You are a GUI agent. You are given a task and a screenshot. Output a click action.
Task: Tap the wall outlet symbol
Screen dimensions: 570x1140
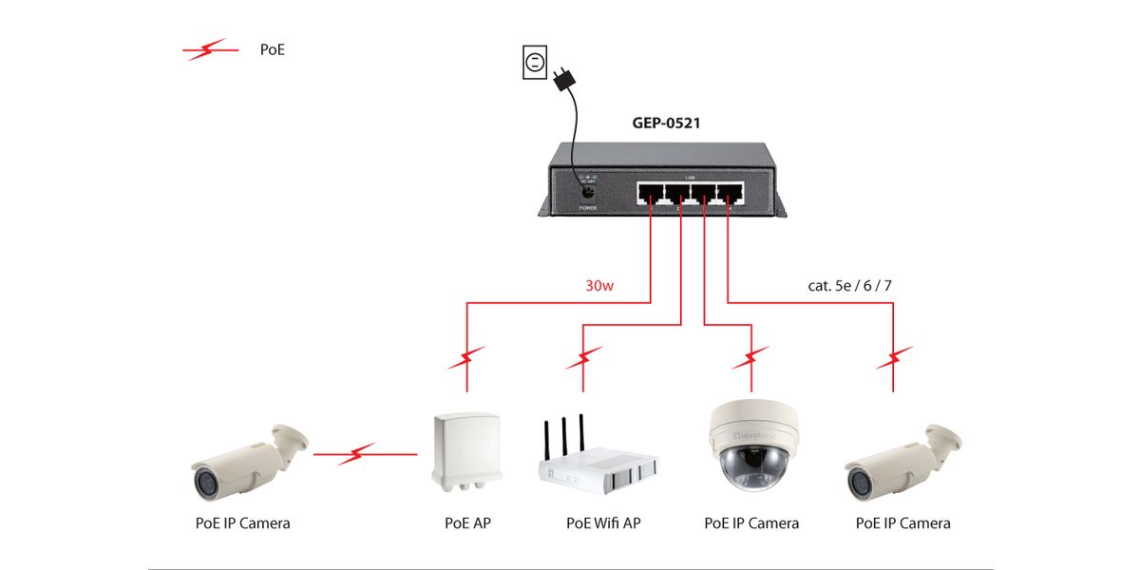coord(534,64)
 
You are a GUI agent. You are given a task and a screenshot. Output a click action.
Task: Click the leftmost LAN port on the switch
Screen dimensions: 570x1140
coord(651,195)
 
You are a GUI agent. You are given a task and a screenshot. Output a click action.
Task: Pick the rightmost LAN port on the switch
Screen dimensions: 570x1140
coord(729,195)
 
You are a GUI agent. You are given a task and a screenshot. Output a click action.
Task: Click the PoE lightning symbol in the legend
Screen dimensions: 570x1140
coord(210,49)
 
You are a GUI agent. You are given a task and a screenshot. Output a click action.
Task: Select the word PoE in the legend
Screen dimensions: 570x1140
coord(273,49)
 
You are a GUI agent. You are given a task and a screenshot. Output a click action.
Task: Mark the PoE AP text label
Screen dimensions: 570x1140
coord(467,523)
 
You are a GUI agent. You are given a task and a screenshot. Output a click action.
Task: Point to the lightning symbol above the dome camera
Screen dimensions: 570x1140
coord(750,359)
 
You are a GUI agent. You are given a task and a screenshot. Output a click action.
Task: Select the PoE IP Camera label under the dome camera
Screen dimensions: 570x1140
coord(751,523)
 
